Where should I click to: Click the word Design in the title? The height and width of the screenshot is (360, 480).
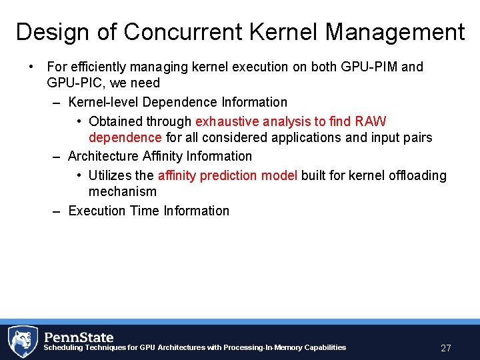coord(51,32)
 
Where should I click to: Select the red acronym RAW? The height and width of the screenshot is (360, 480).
coord(371,121)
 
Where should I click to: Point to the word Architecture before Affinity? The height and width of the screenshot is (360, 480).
coord(103,156)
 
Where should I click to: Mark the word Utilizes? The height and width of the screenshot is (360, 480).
coord(111,175)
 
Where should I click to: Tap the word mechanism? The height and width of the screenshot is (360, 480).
coord(123,191)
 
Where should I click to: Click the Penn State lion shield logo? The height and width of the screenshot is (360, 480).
coord(22,341)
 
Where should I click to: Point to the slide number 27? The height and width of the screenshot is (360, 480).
coord(446,348)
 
